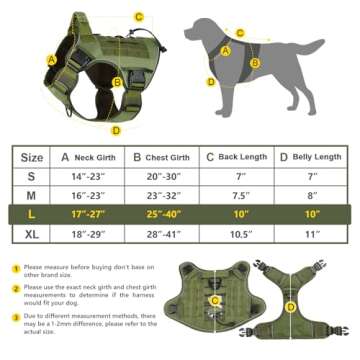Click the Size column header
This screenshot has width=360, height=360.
coord(32,157)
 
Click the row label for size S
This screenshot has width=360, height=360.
coord(32,176)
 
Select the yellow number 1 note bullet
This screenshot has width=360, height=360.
coord(15,268)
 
